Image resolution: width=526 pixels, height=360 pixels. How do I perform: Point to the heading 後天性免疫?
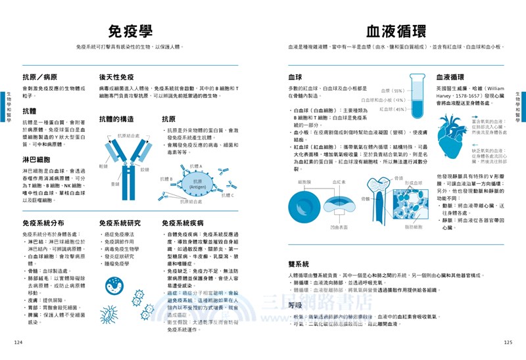point(121,77)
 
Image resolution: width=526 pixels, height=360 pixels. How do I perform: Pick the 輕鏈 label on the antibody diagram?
point(103,167)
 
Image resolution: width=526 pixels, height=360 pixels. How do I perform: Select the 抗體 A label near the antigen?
point(195,167)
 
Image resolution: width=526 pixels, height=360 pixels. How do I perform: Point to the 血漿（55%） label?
point(392,91)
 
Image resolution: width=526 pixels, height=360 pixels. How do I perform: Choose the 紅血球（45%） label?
point(393,109)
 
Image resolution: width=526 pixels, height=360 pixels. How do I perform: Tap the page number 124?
point(18,342)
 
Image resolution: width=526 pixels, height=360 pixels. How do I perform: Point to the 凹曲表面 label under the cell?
point(339,227)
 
